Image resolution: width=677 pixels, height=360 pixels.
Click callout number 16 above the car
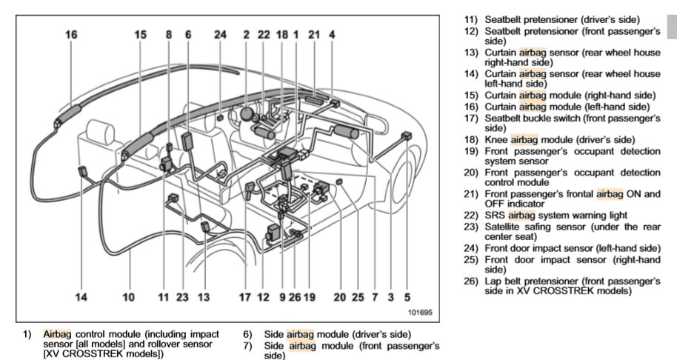pyautogui.click(x=71, y=33)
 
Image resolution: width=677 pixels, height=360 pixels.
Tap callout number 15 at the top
pyautogui.click(x=141, y=33)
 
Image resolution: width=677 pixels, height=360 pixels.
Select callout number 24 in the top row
pyautogui.click(x=220, y=33)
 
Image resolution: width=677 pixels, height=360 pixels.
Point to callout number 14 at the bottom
pyautogui.click(x=81, y=297)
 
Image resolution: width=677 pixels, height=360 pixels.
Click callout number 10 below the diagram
pyautogui.click(x=129, y=297)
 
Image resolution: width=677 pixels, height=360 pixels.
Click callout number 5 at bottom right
pyautogui.click(x=407, y=297)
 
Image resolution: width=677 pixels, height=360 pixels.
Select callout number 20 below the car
pyautogui.click(x=339, y=297)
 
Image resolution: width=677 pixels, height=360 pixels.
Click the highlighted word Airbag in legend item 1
pyautogui.click(x=56, y=334)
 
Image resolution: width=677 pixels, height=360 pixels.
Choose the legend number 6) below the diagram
pyautogui.click(x=247, y=334)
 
